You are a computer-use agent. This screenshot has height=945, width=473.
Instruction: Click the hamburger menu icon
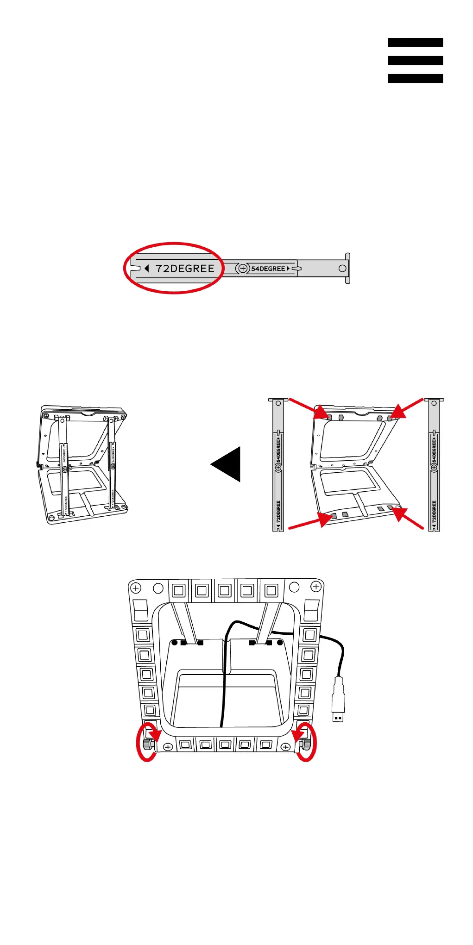pyautogui.click(x=415, y=60)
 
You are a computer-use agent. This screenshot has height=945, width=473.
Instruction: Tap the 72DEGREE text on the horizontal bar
pyautogui.click(x=185, y=269)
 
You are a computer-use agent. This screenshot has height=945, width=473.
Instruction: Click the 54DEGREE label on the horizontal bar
pyautogui.click(x=268, y=269)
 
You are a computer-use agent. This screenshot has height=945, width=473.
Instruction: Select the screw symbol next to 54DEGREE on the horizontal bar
pyautogui.click(x=242, y=269)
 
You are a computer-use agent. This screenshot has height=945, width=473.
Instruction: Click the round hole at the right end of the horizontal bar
pyautogui.click(x=342, y=269)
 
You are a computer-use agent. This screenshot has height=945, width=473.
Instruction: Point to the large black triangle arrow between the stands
pyautogui.click(x=227, y=464)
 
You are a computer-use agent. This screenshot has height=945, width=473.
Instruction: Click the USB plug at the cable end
pyautogui.click(x=338, y=699)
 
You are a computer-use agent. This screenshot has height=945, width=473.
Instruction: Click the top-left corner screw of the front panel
pyautogui.click(x=135, y=588)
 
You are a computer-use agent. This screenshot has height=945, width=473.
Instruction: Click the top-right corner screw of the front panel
pyautogui.click(x=316, y=587)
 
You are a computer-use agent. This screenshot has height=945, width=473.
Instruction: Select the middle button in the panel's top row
pyautogui.click(x=225, y=591)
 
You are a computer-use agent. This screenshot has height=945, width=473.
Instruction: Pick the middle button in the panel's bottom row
pyautogui.click(x=225, y=745)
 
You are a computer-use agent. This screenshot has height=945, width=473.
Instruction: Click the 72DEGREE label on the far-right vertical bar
pyautogui.click(x=434, y=512)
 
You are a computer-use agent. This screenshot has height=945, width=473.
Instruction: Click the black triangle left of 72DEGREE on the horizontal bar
pyautogui.click(x=146, y=269)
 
